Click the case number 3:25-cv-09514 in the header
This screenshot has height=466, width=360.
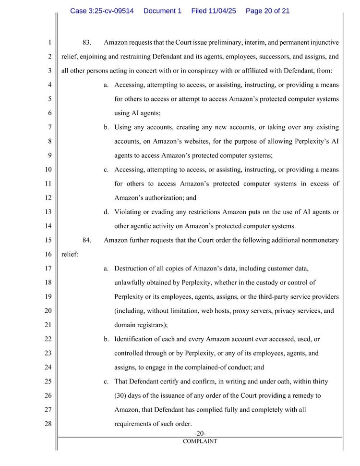pyautogui.click(x=102, y=11)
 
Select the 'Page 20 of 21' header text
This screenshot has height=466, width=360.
pyautogui.click(x=267, y=11)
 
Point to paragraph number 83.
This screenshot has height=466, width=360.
pyautogui.click(x=87, y=43)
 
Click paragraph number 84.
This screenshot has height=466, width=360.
pyautogui.click(x=87, y=240)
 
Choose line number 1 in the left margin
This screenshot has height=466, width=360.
pyautogui.click(x=49, y=43)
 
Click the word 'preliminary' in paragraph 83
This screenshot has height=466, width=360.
pyautogui.click(x=216, y=43)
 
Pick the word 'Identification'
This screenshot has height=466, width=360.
pyautogui.click(x=135, y=339)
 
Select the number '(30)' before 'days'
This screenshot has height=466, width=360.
pyautogui.click(x=121, y=395)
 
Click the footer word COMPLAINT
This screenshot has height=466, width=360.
pyautogui.click(x=200, y=441)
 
